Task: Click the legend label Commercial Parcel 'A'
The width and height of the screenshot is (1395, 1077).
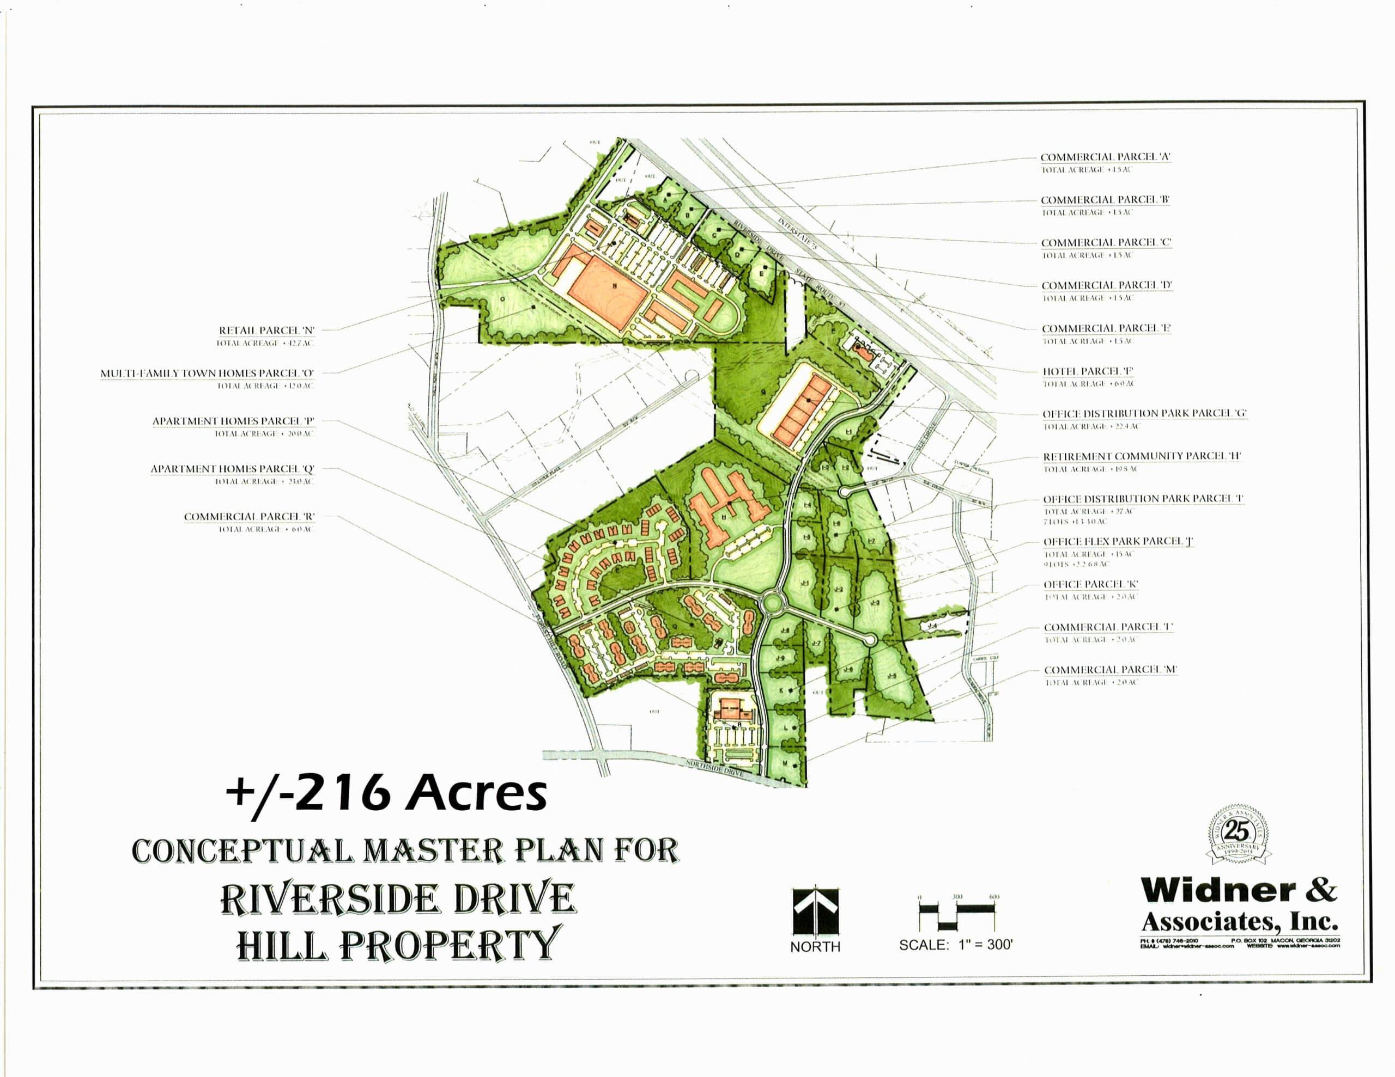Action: [x=1106, y=157]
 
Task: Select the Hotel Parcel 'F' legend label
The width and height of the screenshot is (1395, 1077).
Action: [x=1088, y=371]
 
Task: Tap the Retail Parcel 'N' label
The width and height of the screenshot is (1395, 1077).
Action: [x=266, y=331]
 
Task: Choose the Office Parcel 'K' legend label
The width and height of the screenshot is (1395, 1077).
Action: [x=1091, y=585]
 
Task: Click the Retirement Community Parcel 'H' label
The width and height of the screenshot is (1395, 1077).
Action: [x=1142, y=456]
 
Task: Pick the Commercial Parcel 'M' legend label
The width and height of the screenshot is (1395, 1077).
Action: [x=1111, y=670]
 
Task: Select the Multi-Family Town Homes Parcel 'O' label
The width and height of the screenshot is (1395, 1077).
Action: [x=207, y=374]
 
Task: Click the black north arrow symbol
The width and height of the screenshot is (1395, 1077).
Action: [x=816, y=911]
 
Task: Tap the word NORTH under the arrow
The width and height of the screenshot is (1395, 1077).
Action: [x=815, y=947]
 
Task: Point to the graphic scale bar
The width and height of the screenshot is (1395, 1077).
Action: [x=957, y=911]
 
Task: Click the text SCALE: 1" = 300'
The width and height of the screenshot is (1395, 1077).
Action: [x=956, y=945]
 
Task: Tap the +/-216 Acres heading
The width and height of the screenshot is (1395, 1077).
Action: [x=386, y=793]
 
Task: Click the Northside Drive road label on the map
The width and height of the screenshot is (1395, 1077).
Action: [x=715, y=767]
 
